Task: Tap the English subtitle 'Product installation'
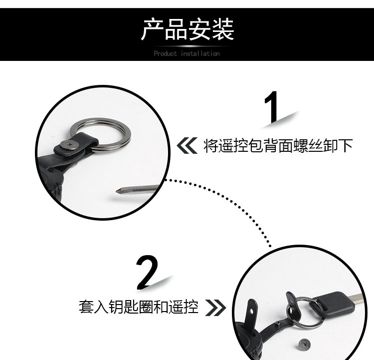click(x=187, y=53)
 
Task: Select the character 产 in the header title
click(x=152, y=29)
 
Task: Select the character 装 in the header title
click(x=222, y=29)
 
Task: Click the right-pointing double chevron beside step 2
click(x=215, y=307)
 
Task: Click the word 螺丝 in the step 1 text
click(x=303, y=146)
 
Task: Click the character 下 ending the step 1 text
click(x=346, y=146)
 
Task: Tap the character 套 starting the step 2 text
click(x=85, y=307)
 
